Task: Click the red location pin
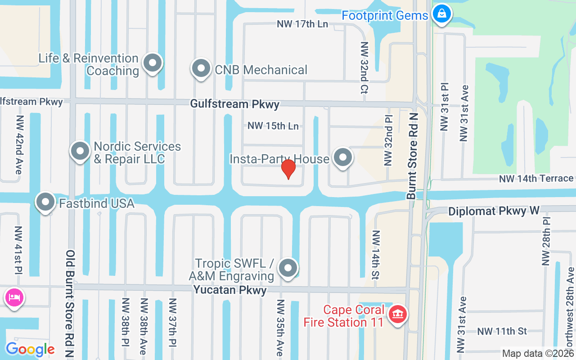click(288, 169)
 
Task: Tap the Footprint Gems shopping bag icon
click(442, 14)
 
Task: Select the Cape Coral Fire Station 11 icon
click(397, 314)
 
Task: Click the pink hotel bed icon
click(14, 297)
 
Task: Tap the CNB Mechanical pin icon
click(201, 68)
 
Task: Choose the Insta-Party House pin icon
click(343, 158)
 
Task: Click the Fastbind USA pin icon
click(45, 202)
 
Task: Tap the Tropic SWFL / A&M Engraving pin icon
click(288, 268)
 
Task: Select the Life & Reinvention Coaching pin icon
click(152, 63)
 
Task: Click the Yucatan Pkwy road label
click(230, 290)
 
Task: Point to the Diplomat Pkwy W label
click(494, 211)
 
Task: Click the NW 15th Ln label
click(273, 126)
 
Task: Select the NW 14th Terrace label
click(536, 179)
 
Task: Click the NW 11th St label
click(502, 331)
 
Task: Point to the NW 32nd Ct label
click(364, 68)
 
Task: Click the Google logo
click(30, 349)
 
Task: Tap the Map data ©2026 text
click(538, 354)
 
